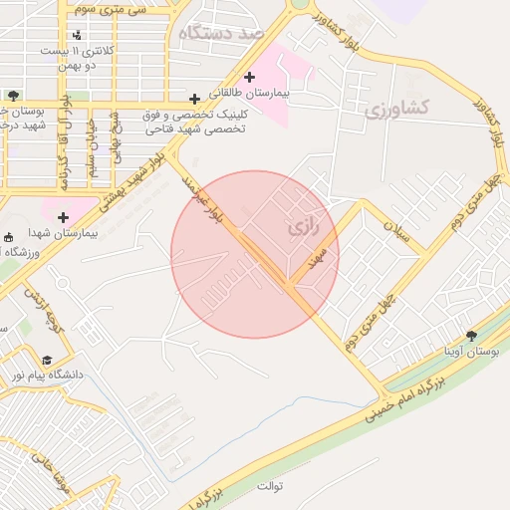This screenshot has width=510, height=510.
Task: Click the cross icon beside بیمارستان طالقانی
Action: click(x=249, y=77)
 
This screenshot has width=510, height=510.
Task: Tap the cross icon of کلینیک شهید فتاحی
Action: click(x=194, y=99)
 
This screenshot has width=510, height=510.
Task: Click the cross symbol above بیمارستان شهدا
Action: click(x=64, y=216)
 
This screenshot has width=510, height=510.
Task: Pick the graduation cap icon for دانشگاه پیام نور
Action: click(x=47, y=360)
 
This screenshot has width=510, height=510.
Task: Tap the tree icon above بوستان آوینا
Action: click(x=472, y=336)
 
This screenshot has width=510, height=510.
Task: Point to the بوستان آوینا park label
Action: click(x=472, y=352)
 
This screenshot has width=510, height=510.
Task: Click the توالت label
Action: click(x=270, y=486)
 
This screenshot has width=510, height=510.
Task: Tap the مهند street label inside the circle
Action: click(x=319, y=257)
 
